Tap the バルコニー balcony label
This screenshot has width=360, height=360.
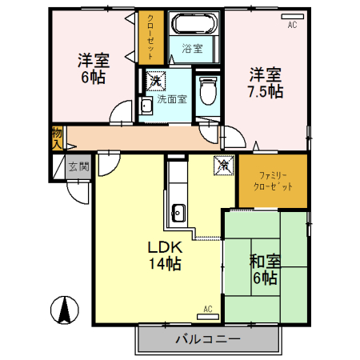pos(207,339)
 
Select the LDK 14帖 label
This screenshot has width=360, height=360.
pos(163,254)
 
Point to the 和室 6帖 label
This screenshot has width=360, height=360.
pos(263,269)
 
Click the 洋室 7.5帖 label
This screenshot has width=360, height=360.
pos(265,82)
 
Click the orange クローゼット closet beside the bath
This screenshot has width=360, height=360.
pos(148,37)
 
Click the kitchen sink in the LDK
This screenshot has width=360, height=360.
pos(178,213)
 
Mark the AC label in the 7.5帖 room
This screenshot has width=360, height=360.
pos(292,26)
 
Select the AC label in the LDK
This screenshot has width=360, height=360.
pos(207,309)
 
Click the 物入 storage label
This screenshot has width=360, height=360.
pos(57,138)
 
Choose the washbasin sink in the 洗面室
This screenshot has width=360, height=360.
pos(147,107)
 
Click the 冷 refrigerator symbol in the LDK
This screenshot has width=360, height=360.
pos(224,166)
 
